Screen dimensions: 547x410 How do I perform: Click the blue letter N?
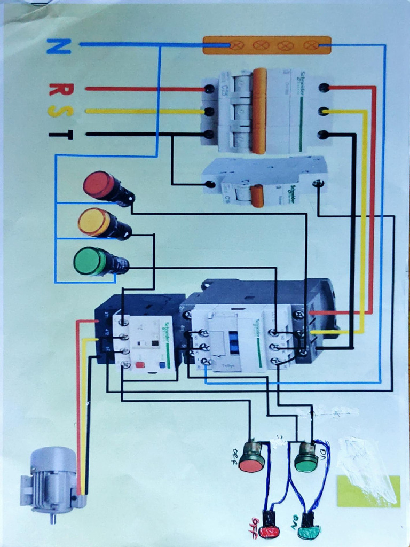(x=58, y=46)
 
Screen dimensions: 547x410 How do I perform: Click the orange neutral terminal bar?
(x=266, y=45)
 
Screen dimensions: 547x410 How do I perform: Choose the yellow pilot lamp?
(x=94, y=222)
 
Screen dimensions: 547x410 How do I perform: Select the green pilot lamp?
(x=90, y=261)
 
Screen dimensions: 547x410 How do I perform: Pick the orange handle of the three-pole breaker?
(x=259, y=111)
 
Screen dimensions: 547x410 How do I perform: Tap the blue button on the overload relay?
(x=162, y=366)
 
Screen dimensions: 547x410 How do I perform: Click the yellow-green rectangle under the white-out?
(x=368, y=491)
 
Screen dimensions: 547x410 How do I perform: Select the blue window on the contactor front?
(x=233, y=341)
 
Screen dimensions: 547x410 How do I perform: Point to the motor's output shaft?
(x=52, y=518)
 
